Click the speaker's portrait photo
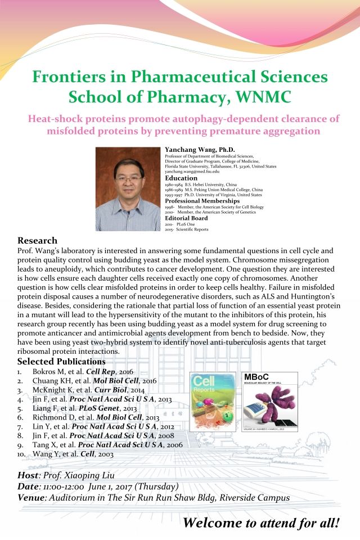click(129, 189)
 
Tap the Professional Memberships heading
click(201, 201)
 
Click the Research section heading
click(38, 241)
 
